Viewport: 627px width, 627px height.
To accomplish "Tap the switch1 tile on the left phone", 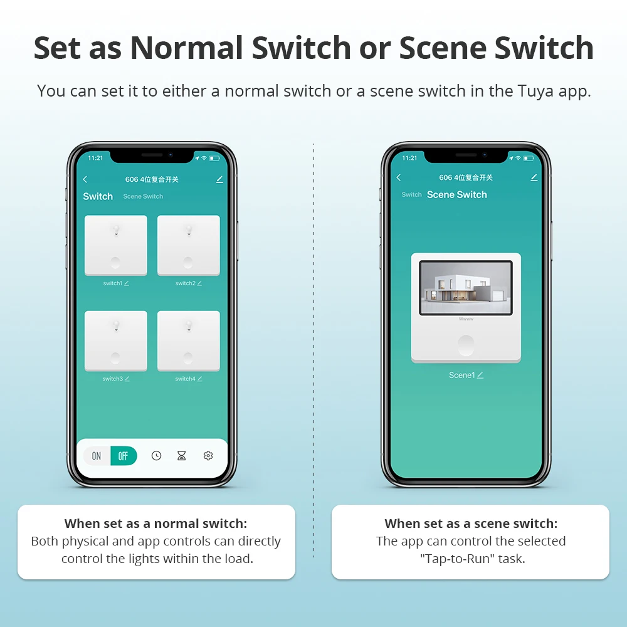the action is coord(115,245).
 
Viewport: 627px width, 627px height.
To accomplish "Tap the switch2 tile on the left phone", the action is coord(188,245).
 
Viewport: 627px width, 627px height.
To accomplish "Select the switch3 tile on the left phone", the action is coord(115,340).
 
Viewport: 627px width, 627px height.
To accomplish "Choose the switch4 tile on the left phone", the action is coord(188,340).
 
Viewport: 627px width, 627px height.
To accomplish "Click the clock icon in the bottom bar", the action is coord(156,455).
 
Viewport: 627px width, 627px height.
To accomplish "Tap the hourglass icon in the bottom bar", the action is coord(182,455).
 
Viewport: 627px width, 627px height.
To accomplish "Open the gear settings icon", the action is coord(208,455).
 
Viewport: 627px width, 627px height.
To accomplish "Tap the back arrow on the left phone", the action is coord(85,179).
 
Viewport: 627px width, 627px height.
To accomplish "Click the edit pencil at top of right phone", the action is coord(534,177).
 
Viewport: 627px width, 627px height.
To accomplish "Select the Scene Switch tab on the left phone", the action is coord(143,196).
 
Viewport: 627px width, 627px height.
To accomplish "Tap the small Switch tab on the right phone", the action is coord(411,194).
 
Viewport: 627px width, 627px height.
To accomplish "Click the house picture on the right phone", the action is coord(466,288).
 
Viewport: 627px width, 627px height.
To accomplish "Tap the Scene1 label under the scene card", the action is coord(462,375).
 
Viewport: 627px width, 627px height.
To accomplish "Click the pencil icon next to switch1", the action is coord(127,283).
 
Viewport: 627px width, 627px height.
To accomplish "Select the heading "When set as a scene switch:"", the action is coord(471,524).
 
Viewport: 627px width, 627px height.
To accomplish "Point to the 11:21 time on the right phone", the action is coord(409,158).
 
